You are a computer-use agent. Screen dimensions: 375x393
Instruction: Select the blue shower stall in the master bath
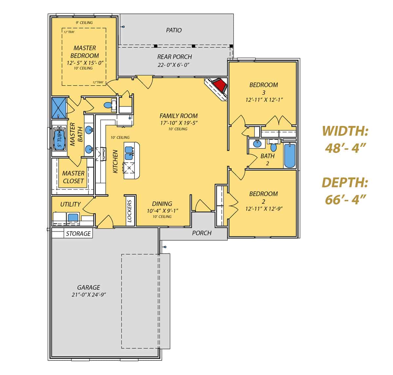(x=59, y=108)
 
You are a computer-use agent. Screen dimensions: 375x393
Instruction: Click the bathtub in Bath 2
(x=290, y=155)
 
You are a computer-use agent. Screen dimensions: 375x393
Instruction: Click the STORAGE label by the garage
(x=78, y=234)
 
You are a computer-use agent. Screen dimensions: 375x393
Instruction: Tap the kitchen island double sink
(x=129, y=150)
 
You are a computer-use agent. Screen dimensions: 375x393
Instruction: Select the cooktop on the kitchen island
(x=129, y=168)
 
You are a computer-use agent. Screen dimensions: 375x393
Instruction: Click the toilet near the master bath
(x=107, y=106)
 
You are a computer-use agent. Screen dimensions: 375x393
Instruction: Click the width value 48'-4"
(x=345, y=148)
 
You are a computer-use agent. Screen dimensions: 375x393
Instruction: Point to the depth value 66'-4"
(x=345, y=199)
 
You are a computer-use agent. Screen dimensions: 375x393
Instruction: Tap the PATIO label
(x=174, y=30)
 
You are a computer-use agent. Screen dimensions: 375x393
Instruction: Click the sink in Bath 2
(x=257, y=143)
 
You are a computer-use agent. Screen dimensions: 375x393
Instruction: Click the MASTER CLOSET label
(x=73, y=177)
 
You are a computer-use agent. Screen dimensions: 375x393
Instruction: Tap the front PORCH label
(x=201, y=233)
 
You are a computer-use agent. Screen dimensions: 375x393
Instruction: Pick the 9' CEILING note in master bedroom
(x=84, y=23)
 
